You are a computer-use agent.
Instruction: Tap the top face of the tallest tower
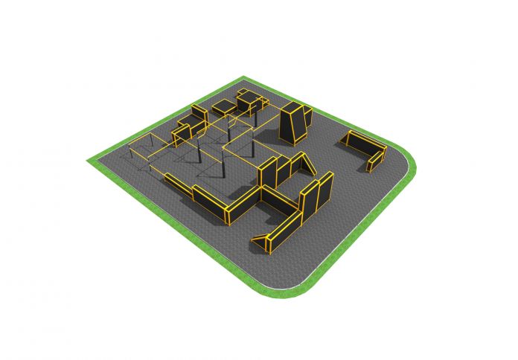[x=292, y=107]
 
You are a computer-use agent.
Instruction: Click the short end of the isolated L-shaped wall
[x=377, y=158]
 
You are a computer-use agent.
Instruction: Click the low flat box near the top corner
[x=222, y=109]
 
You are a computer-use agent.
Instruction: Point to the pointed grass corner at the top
[x=243, y=78]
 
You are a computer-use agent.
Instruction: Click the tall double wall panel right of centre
[x=316, y=195]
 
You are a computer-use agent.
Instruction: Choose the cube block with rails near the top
[x=249, y=101]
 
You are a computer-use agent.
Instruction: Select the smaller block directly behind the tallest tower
[x=307, y=115]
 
